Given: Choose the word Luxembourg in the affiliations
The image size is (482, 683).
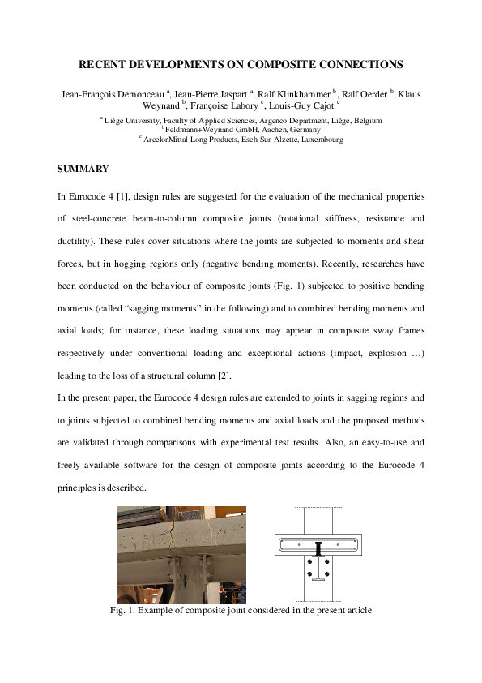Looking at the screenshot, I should click(322, 139).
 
